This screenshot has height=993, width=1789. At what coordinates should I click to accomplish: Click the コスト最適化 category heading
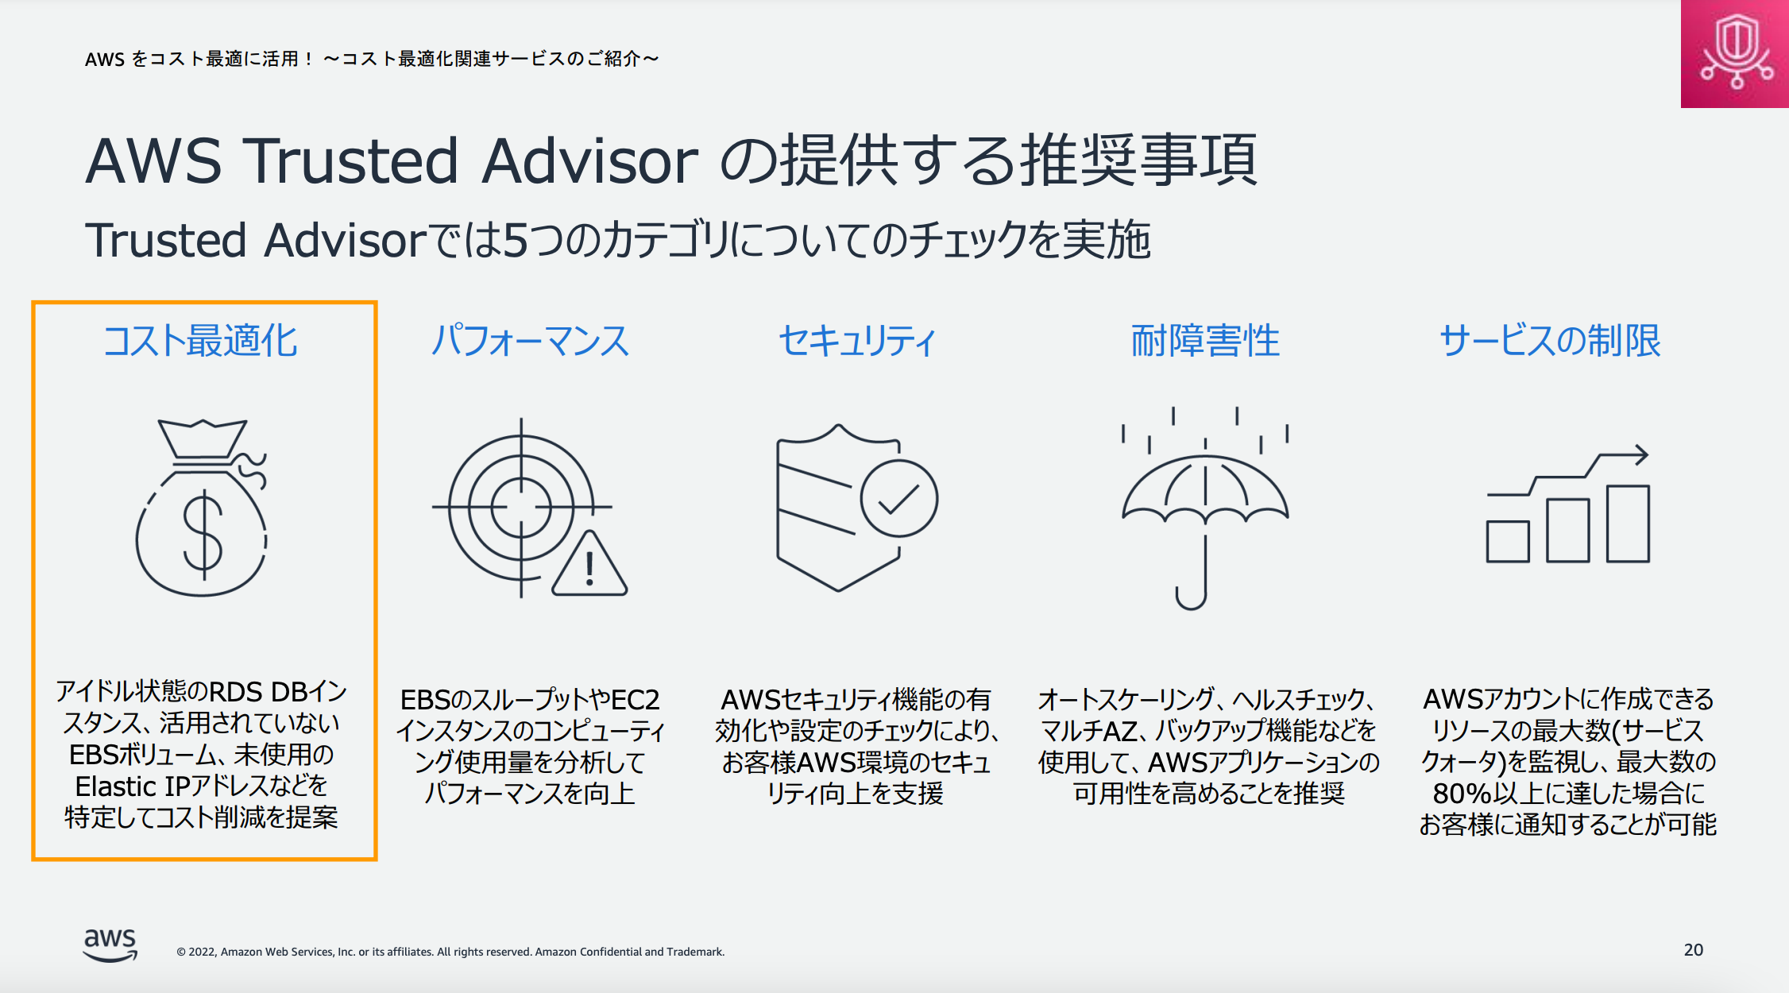coord(200,341)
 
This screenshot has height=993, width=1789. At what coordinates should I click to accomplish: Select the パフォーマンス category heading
coord(530,341)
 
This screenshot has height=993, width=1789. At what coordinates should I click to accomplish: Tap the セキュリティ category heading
coord(857,341)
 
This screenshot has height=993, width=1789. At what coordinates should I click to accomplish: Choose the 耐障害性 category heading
coord(1205,341)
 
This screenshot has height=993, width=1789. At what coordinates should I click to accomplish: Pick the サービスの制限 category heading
coord(1550,341)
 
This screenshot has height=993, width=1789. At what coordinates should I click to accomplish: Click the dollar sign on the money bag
coord(203,534)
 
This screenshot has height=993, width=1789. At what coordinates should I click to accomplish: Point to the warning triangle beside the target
coord(589,564)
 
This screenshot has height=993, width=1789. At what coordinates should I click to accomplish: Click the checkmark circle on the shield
coord(899,499)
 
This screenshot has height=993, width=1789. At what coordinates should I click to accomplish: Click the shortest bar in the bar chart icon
coord(1508,542)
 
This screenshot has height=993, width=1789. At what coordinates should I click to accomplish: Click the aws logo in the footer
coord(110,945)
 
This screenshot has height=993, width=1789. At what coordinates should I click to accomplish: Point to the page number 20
coord(1694,950)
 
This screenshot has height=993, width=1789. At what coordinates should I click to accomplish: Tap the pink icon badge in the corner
coord(1735,53)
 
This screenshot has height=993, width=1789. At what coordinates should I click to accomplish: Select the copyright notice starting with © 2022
coord(450,952)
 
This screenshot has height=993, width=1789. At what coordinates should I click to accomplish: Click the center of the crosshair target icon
coord(521,507)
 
